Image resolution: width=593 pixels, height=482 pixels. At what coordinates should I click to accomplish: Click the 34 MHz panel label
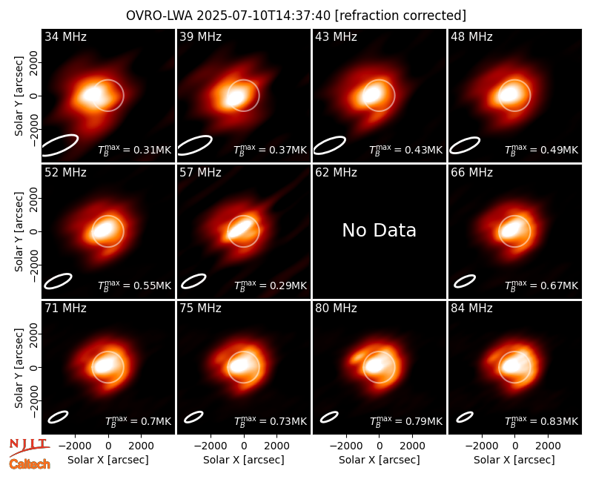pyautogui.click(x=65, y=36)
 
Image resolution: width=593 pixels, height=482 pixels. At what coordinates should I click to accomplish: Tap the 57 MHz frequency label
pyautogui.click(x=200, y=173)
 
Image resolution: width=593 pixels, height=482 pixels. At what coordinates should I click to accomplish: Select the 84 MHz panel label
pyautogui.click(x=471, y=308)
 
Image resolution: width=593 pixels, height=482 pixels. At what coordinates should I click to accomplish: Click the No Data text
pyautogui.click(x=380, y=230)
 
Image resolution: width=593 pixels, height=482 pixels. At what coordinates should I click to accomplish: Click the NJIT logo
pyautogui.click(x=30, y=446)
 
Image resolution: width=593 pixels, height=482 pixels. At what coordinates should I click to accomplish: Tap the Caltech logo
pyautogui.click(x=30, y=464)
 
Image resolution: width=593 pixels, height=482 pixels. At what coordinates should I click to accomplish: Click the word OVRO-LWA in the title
pyautogui.click(x=159, y=16)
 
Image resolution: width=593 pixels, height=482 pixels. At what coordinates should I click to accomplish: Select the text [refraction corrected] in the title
pyautogui.click(x=400, y=16)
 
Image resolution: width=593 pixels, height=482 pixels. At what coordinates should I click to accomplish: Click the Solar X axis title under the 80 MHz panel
pyautogui.click(x=380, y=460)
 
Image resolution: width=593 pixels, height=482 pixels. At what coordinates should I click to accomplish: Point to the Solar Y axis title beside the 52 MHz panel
pyautogui.click(x=19, y=231)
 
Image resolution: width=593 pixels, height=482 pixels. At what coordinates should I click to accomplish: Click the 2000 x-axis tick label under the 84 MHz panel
pyautogui.click(x=548, y=446)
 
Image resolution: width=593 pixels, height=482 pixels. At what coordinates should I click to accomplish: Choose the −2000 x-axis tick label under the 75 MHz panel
pyautogui.click(x=211, y=446)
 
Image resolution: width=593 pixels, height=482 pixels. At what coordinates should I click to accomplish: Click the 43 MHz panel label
pyautogui.click(x=337, y=36)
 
